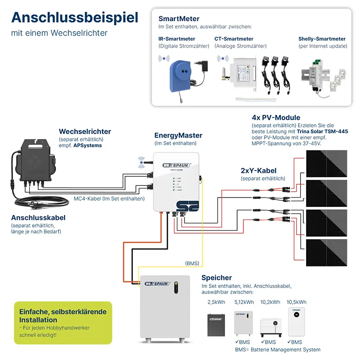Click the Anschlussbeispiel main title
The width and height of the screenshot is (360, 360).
coord(75,18)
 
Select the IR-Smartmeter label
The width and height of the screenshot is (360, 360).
coord(176,39)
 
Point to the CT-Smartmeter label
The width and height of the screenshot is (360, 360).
coord(234,39)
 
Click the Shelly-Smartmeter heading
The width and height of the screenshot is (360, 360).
coord(322,39)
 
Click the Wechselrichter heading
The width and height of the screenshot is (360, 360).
coord(85,131)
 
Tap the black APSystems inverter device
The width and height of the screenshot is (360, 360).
coord(36,164)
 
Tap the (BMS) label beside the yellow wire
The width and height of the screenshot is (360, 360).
coord(192,263)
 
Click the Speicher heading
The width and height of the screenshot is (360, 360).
coord(216,278)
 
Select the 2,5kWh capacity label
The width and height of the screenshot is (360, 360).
coord(216,302)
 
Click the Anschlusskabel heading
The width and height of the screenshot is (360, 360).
coord(38,217)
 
